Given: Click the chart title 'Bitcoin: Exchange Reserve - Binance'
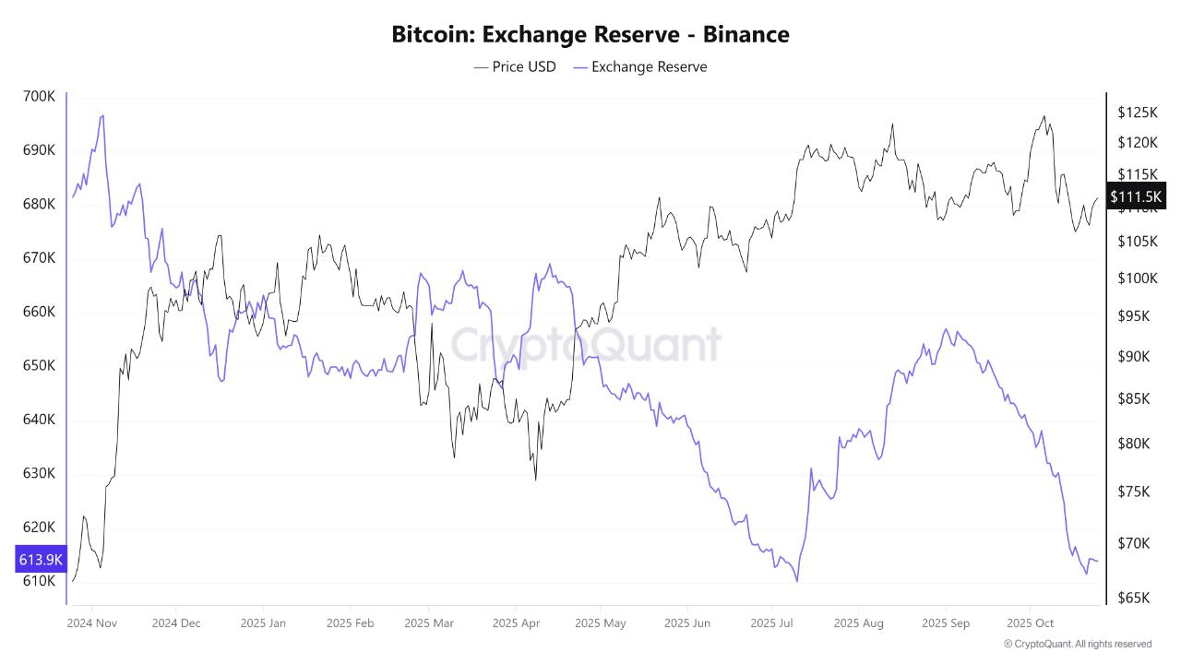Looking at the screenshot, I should click(x=590, y=34).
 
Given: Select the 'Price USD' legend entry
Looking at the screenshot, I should click(x=515, y=66).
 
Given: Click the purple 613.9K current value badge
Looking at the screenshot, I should click(x=41, y=559).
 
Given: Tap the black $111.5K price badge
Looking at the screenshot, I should click(x=1137, y=196).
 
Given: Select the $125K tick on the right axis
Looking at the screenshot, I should click(x=1137, y=113).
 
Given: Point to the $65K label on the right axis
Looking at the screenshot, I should click(x=1133, y=598).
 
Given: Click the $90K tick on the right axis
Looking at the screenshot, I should click(x=1133, y=357).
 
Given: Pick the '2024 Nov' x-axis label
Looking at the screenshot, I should click(x=91, y=623).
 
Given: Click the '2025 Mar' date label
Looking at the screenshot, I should click(x=429, y=623).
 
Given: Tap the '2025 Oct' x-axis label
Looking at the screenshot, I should click(x=1031, y=623).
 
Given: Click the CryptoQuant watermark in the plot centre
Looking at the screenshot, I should click(x=585, y=345).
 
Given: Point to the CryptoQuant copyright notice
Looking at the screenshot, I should click(x=1077, y=644).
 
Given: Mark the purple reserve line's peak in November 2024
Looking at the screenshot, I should click(x=102, y=115).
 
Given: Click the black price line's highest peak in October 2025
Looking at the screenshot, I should click(x=1044, y=116).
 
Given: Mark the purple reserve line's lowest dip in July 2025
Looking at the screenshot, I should click(x=796, y=581).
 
